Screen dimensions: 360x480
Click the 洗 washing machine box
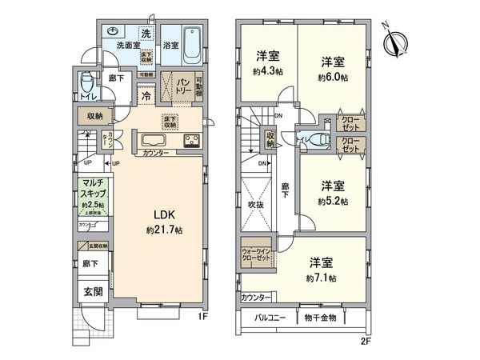[x=146, y=34]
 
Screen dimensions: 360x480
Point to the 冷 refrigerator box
[x=147, y=94]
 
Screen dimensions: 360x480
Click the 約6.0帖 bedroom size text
[x=334, y=78]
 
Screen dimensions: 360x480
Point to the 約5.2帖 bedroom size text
[x=334, y=202]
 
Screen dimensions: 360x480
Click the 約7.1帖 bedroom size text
[x=322, y=278]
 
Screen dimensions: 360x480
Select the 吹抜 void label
[x=256, y=206]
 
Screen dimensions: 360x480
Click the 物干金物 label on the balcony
[x=321, y=318]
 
